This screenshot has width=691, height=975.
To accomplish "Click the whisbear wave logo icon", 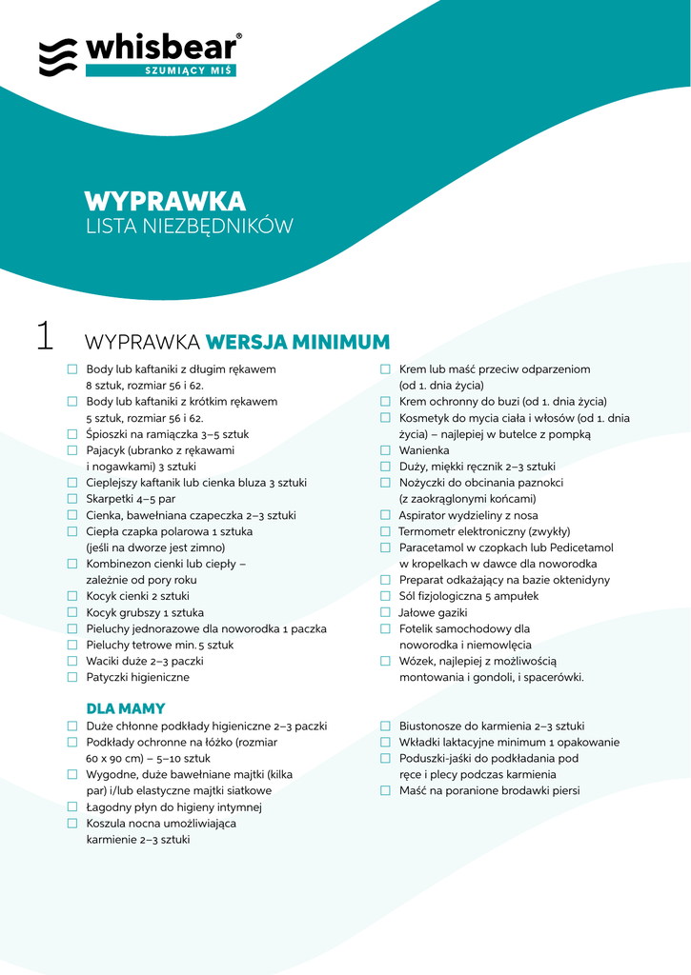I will click(58, 57).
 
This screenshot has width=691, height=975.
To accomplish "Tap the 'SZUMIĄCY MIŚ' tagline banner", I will click(161, 70).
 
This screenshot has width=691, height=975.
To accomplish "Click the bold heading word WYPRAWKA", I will click(165, 202).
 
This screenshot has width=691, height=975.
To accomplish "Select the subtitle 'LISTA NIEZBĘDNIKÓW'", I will click(189, 227).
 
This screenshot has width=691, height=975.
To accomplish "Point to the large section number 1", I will click(44, 336).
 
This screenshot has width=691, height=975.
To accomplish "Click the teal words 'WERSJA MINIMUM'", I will click(298, 342).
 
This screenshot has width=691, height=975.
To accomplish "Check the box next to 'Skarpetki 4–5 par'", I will click(72, 499).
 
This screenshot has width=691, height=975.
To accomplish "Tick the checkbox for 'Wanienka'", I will click(385, 450).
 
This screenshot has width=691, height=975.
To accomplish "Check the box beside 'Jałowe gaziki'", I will click(385, 612).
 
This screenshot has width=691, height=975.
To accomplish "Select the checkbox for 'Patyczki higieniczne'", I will click(72, 677).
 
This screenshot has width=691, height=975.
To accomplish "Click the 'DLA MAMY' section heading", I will click(126, 708).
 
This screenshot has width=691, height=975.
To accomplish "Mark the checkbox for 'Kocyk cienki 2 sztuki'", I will click(72, 596).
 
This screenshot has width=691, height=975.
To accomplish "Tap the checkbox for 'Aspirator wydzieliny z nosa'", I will click(385, 515).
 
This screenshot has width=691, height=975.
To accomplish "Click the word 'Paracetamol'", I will click(432, 547).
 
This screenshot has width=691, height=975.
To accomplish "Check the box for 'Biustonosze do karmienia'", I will click(385, 726).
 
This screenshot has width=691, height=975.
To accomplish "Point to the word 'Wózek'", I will click(416, 661).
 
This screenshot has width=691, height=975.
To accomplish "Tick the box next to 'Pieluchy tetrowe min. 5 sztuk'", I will click(72, 645).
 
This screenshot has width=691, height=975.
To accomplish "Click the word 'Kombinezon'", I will click(119, 564).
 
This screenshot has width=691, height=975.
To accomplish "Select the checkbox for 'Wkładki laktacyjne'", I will click(385, 742).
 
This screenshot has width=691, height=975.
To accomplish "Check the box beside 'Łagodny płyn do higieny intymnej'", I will click(72, 806).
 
